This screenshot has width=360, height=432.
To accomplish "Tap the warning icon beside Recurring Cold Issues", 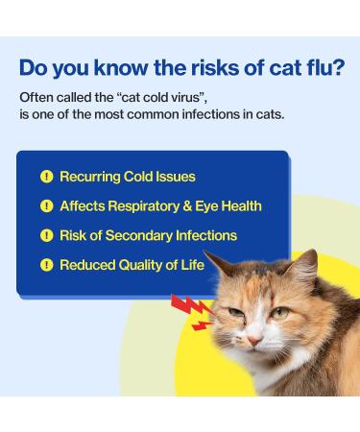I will [45, 177].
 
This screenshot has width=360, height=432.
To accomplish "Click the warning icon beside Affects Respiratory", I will [45, 205].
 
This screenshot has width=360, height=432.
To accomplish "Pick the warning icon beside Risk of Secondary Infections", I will [45, 235].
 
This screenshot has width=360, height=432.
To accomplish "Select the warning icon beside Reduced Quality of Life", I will [45, 264].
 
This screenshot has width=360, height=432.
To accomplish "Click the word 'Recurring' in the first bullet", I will [89, 177].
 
